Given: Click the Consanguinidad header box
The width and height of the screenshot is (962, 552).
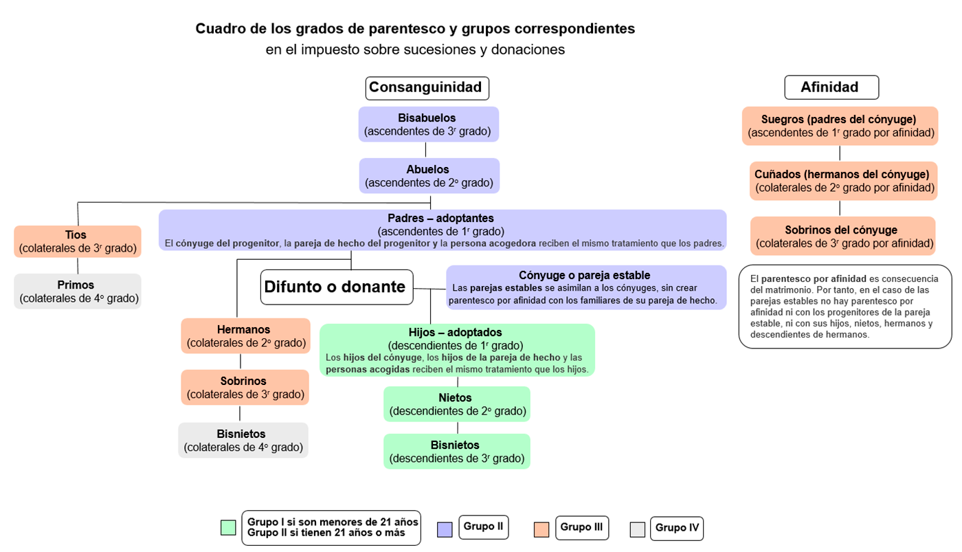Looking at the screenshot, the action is click(x=427, y=88).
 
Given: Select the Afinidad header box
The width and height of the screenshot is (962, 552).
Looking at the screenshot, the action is click(x=831, y=87).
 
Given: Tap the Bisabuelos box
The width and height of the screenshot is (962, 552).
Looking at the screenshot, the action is click(x=429, y=124).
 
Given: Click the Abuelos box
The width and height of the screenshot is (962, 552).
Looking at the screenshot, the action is click(x=429, y=176).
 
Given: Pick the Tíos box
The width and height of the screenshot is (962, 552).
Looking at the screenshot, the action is click(x=77, y=241).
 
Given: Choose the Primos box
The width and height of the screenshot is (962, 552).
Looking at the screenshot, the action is click(x=77, y=291).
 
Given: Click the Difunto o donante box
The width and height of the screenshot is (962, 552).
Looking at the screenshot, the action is click(x=337, y=287).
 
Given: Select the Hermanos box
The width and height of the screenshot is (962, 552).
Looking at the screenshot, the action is click(x=246, y=336).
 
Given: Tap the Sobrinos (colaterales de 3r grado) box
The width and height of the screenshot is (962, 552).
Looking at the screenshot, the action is click(x=245, y=388).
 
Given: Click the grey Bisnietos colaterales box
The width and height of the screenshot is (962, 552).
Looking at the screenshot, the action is click(x=243, y=441).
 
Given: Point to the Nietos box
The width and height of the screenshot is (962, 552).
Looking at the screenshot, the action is click(x=457, y=404).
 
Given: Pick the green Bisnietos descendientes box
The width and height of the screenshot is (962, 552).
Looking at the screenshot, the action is click(x=457, y=452).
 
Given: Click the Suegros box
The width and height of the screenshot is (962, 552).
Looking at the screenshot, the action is click(x=840, y=126).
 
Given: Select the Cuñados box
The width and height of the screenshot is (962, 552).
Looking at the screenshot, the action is click(x=844, y=181).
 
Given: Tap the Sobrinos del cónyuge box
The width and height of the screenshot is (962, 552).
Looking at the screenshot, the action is click(x=843, y=236).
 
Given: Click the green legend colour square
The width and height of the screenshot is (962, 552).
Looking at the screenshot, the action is click(x=228, y=527).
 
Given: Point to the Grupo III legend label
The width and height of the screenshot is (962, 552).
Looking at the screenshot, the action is click(x=581, y=528).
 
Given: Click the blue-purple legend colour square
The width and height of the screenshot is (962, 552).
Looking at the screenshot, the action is click(x=445, y=530).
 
